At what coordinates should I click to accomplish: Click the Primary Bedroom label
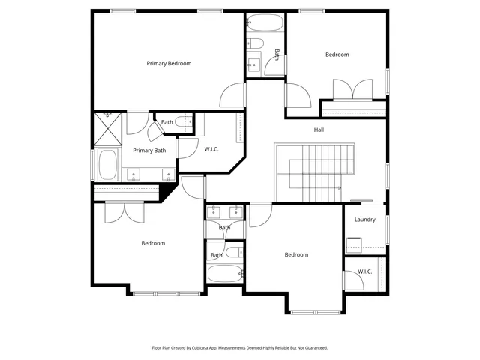click(x=169, y=64)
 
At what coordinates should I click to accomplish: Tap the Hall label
click(x=319, y=130)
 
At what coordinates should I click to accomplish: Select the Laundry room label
click(x=364, y=220)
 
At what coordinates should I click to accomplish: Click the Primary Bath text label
click(x=149, y=151)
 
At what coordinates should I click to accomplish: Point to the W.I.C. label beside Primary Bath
click(x=211, y=149)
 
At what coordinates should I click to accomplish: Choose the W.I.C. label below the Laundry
click(x=364, y=271)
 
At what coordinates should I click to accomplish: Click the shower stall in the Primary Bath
click(x=108, y=128)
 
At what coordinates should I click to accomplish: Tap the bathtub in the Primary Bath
click(x=108, y=165)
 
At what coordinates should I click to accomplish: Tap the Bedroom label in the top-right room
click(x=337, y=55)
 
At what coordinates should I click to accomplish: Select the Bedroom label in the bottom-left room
click(x=153, y=243)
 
